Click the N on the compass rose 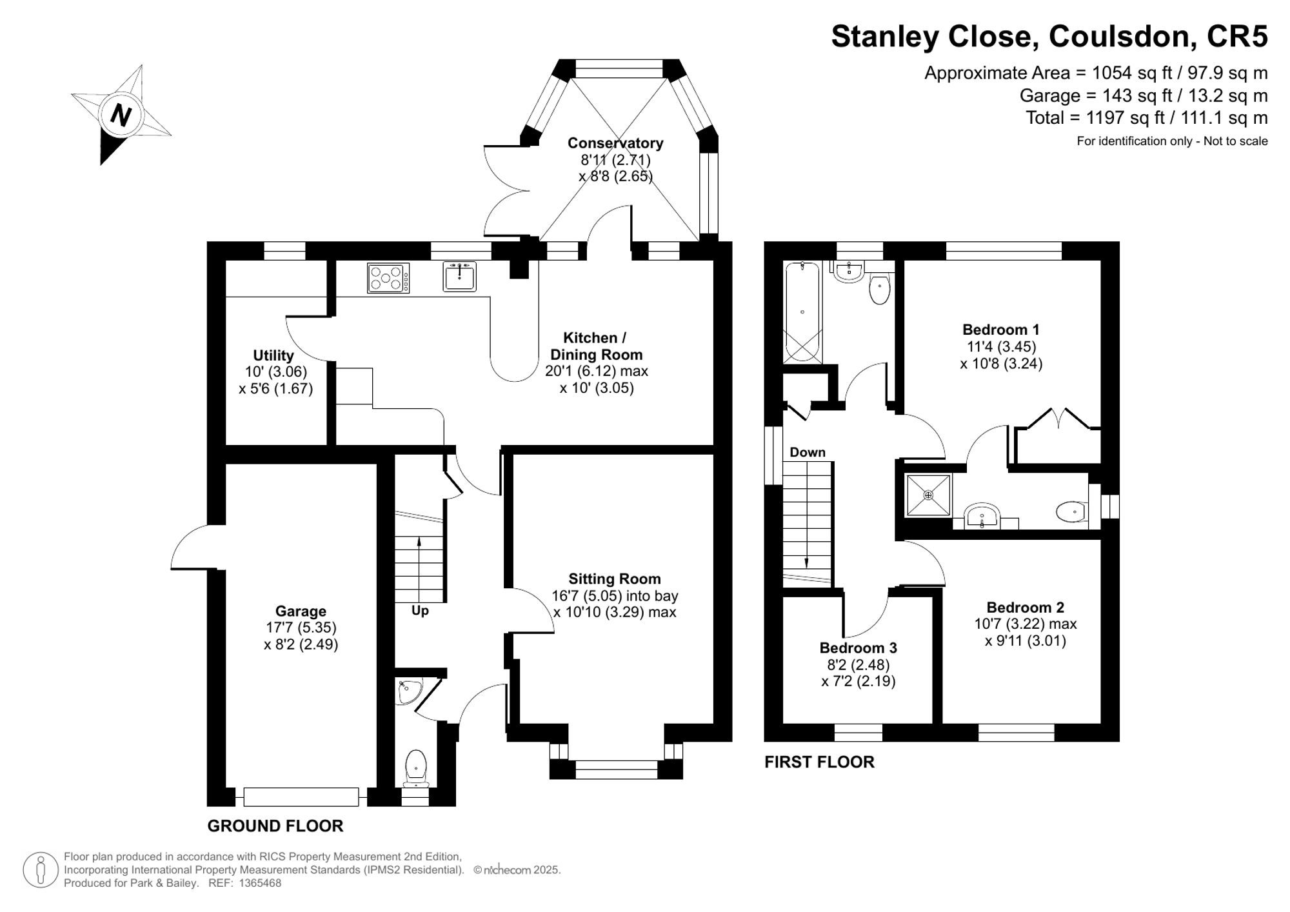[x=121, y=115]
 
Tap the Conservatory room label [x=615, y=143]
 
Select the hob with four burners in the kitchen [x=388, y=278]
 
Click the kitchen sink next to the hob [x=460, y=277]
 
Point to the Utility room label [x=273, y=355]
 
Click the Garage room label [x=301, y=611]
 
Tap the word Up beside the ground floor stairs [x=420, y=610]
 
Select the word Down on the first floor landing [x=808, y=452]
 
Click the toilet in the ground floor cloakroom [x=416, y=768]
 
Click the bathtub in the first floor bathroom [x=802, y=312]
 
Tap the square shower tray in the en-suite [x=928, y=495]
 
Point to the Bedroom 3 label [x=858, y=648]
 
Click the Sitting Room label [x=615, y=579]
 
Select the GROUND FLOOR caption [x=275, y=826]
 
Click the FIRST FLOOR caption [x=819, y=762]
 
